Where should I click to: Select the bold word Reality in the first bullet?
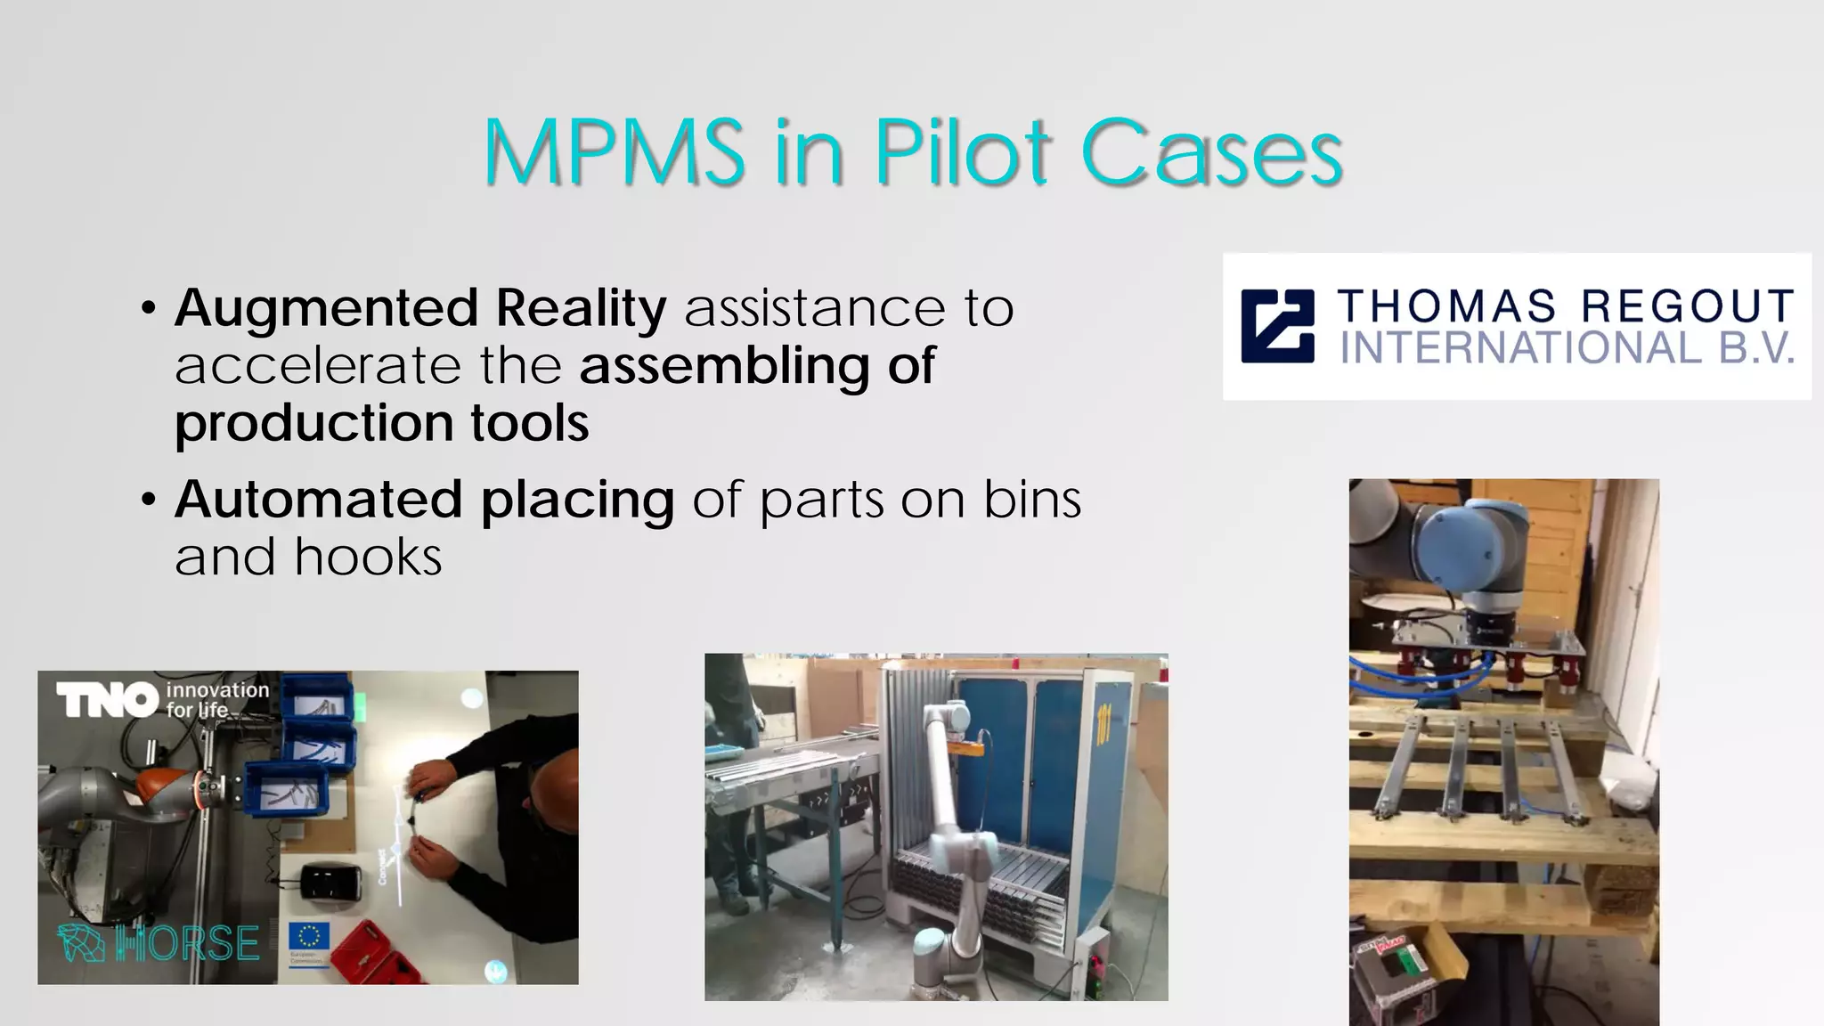pos(581,308)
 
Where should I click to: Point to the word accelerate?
pos(317,366)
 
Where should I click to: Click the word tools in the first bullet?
pos(529,422)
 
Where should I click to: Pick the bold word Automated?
pos(318,499)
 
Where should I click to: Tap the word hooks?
pos(368,558)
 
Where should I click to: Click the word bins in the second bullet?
pos(1032,499)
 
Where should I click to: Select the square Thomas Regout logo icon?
pos(1278,326)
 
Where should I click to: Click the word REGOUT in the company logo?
pos(1688,306)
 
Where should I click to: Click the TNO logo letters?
pos(107,700)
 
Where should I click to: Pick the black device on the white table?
pos(330,883)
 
